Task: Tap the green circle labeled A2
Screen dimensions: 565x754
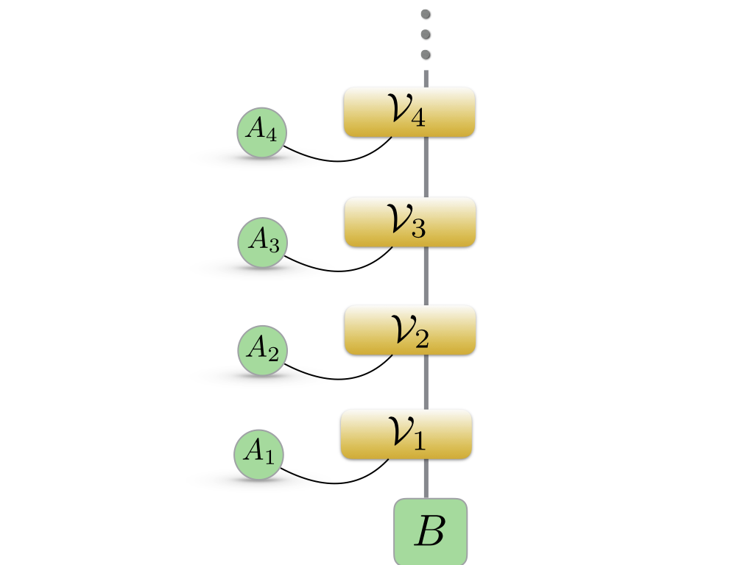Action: coord(262,350)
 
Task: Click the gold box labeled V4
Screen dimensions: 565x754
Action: coord(409,112)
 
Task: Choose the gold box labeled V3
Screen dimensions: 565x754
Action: coord(410,221)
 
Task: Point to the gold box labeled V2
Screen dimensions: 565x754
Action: coord(410,330)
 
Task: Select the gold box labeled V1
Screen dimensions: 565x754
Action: coord(406,434)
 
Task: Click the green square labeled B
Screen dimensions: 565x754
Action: coord(430,531)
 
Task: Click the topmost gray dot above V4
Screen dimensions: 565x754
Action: coord(426,14)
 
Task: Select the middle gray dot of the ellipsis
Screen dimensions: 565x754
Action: coord(426,34)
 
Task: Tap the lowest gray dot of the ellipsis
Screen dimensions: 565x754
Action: coord(426,54)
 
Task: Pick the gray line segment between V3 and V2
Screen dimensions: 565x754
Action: coord(426,276)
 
